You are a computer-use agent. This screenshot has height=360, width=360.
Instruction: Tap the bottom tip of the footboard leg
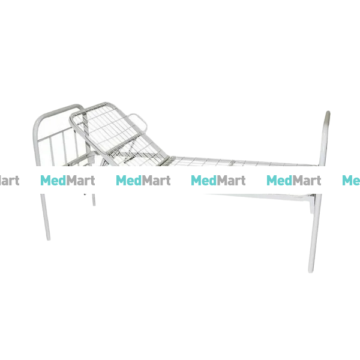[x=310, y=271]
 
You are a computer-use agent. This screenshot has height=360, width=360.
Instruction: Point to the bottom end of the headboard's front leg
[x=48, y=239]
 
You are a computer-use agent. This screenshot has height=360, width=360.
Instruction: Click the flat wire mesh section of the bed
[x=241, y=161]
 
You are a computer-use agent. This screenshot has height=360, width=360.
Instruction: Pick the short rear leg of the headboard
[x=94, y=200]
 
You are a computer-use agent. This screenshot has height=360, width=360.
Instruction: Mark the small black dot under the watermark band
[x=85, y=194]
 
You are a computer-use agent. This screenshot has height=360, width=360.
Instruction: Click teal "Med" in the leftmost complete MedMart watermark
[x=53, y=181]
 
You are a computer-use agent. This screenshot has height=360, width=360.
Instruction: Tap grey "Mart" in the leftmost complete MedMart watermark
[x=80, y=181]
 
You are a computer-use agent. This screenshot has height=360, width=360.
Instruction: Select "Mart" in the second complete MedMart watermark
[x=156, y=181]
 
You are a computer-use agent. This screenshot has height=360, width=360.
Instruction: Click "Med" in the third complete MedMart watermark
[x=204, y=181]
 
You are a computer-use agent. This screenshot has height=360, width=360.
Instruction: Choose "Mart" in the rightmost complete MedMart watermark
[x=307, y=181]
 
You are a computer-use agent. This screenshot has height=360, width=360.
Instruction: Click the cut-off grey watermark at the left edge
[x=10, y=181]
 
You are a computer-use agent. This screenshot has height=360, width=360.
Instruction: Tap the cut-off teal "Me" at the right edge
[x=351, y=181]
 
